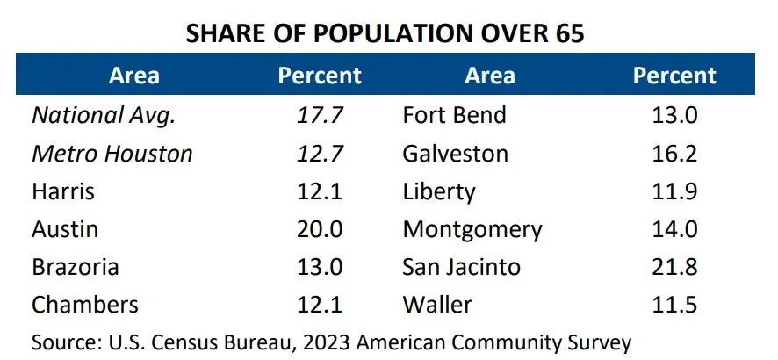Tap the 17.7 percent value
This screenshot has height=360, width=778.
click(x=319, y=115)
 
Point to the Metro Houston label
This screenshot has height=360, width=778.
click(x=112, y=154)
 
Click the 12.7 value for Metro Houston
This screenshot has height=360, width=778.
click(x=319, y=154)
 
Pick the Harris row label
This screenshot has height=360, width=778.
click(x=63, y=191)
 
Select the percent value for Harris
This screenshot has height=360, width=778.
click(x=319, y=191)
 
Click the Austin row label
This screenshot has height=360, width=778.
click(x=65, y=229)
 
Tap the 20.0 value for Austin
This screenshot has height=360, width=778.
click(x=319, y=229)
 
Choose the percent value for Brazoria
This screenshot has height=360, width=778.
click(x=319, y=267)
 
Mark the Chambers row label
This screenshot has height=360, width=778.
click(x=85, y=305)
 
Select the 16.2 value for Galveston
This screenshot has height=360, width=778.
click(x=674, y=154)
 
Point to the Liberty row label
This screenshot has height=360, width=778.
click(x=439, y=191)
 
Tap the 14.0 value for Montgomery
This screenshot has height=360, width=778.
click(x=674, y=229)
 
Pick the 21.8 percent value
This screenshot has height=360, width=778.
click(x=674, y=267)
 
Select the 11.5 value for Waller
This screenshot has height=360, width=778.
click(x=674, y=305)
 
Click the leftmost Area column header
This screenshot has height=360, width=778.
click(x=134, y=76)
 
